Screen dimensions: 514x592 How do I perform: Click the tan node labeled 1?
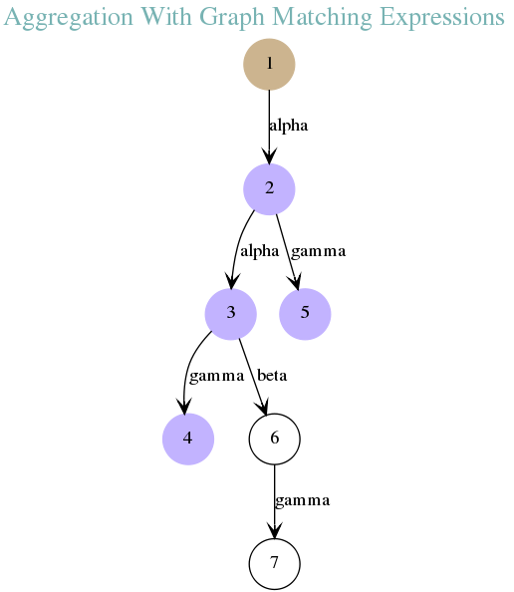(269, 64)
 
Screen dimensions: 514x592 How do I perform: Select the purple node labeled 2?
(269, 189)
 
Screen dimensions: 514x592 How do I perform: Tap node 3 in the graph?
(231, 314)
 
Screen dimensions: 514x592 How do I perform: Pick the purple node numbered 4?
(188, 439)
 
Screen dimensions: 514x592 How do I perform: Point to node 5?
(305, 314)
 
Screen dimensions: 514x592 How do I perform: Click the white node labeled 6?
(275, 439)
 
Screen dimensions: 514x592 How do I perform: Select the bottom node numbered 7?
(275, 564)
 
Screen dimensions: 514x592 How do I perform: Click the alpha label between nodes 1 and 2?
(288, 127)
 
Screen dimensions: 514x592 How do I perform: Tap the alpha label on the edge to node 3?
(260, 251)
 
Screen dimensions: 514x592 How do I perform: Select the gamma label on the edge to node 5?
(318, 252)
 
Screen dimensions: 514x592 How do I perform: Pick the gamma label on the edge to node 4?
(216, 377)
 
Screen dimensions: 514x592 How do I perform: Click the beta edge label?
(272, 376)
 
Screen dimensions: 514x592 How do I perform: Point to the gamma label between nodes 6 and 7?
(302, 501)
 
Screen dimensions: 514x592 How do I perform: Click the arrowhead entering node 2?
(269, 155)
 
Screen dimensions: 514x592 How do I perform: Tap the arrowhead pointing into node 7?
(275, 530)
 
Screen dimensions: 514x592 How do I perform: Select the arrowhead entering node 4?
(184, 407)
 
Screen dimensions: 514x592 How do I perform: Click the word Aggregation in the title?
(69, 17)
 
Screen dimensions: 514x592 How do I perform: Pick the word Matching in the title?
(322, 17)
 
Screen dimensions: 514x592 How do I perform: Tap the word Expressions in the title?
(442, 17)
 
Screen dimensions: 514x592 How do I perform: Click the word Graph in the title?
(232, 17)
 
